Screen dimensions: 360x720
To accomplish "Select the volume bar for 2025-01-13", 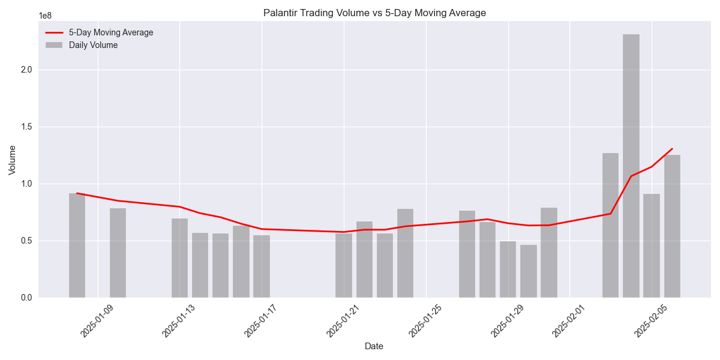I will [179, 258].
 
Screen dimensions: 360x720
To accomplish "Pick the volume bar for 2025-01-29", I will [508, 269].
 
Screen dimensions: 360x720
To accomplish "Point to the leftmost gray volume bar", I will [77, 245].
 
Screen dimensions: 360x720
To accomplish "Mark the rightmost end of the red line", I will [672, 149].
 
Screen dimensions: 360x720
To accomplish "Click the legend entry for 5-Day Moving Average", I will [110, 32].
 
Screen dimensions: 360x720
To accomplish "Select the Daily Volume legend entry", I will [93, 45].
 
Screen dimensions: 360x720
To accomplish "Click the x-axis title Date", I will [374, 346].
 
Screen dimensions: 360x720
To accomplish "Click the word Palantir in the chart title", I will [280, 13].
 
